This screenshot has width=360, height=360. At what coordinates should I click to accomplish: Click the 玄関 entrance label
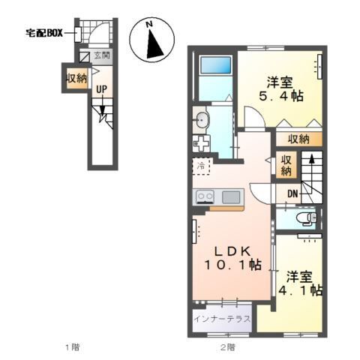103,55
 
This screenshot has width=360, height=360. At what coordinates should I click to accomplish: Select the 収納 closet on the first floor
76,78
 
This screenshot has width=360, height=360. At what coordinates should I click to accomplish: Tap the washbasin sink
201,118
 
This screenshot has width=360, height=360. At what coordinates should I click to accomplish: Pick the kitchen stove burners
205,196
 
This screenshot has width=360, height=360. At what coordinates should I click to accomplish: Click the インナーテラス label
222,319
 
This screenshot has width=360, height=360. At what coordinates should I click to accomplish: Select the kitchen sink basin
231,196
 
